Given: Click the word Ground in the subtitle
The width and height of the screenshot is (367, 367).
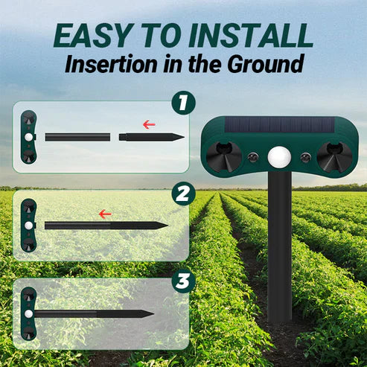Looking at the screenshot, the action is point(266,64).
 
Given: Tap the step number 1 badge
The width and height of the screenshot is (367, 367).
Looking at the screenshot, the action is point(183,103).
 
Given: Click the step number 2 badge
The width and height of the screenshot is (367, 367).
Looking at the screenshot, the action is point(183,194).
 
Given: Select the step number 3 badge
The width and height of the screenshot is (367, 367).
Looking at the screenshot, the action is point(183,281).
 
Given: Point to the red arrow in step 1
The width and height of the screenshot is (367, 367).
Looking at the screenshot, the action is point(149,124).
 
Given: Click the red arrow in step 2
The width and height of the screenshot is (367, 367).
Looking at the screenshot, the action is point(105,214).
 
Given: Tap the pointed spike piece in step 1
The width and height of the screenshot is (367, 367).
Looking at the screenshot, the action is point(151,137).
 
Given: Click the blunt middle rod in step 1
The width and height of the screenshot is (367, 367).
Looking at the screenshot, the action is point(77,137).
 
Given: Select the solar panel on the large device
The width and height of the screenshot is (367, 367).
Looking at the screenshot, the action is point(280,124).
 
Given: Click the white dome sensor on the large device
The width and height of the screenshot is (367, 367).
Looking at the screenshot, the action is point(279,157).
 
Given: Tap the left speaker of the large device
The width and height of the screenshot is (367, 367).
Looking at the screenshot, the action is point(224,157).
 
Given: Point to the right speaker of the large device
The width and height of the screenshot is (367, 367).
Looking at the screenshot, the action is point(334,157).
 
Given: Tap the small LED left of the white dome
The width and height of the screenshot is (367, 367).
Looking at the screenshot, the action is point(253,157).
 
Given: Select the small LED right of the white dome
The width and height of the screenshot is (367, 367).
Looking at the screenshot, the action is point(306,157).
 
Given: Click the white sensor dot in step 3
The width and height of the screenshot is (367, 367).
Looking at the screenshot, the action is point(29,314).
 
